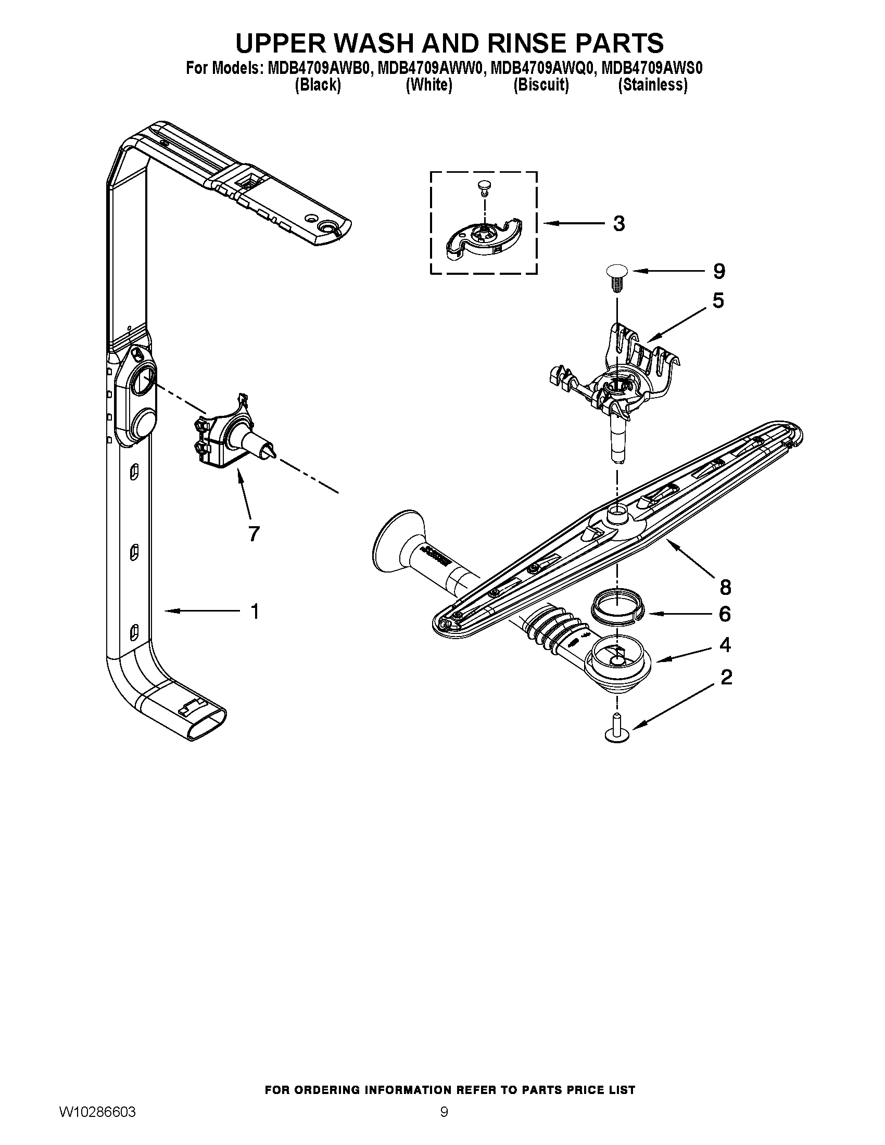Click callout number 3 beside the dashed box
coord(618,224)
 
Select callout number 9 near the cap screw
coord(719,272)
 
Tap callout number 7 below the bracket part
coord(253,533)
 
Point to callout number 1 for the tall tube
coord(254,612)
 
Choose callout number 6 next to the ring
coord(724,614)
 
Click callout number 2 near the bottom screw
coord(726,678)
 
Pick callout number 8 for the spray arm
coord(725,588)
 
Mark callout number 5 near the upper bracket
coord(718,301)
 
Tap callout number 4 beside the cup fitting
coord(725,645)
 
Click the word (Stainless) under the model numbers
coord(653,85)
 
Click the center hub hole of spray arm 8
coord(616,510)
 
